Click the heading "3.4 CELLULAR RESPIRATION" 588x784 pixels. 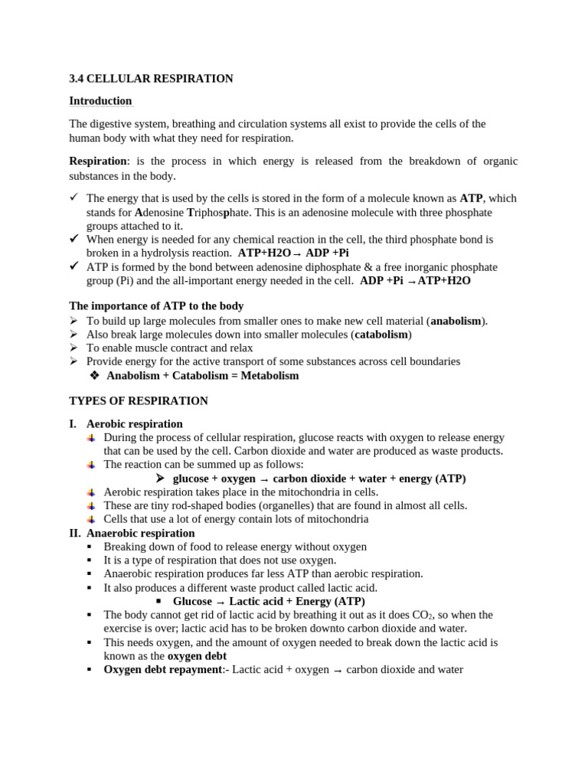click(151, 79)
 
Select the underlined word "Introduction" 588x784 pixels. click(100, 101)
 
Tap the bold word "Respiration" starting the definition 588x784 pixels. click(97, 161)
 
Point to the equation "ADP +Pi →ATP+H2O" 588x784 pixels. click(415, 281)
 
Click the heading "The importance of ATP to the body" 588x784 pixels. click(156, 306)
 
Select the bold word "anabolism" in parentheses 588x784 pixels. click(456, 321)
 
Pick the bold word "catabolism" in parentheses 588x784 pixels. click(381, 335)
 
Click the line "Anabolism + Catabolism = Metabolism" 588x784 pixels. click(202, 376)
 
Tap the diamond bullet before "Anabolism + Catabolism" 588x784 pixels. click(95, 376)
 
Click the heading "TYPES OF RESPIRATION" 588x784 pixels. click(139, 401)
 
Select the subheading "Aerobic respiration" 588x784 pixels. click(134, 424)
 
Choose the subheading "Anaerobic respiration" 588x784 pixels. click(140, 533)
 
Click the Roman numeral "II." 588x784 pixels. click(75, 533)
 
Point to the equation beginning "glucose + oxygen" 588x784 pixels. click(318, 479)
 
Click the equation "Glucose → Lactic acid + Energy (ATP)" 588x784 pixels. click(269, 601)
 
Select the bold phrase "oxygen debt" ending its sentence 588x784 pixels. click(197, 656)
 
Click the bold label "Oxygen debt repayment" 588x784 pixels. click(162, 669)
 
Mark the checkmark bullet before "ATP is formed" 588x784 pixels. click(74, 266)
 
